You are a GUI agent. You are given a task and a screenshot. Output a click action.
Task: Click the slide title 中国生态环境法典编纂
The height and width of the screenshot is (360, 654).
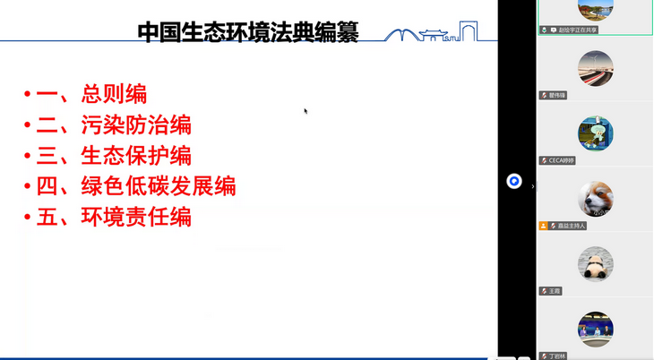[x=247, y=32]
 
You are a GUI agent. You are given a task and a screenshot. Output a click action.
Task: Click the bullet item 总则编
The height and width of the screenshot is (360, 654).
[x=114, y=93]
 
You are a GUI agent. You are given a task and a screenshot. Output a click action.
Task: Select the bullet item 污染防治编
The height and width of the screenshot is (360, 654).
[x=136, y=124]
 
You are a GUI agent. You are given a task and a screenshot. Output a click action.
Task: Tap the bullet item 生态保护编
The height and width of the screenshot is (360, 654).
[x=136, y=155]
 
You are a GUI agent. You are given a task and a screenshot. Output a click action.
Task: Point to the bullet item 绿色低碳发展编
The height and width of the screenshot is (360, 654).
[x=159, y=186]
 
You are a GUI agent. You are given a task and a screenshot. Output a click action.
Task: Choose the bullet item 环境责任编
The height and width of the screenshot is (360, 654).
[x=136, y=217]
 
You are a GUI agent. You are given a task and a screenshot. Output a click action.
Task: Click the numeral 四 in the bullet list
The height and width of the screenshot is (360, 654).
[x=47, y=186]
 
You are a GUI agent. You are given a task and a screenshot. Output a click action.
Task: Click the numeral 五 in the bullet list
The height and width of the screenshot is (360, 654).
[x=47, y=217]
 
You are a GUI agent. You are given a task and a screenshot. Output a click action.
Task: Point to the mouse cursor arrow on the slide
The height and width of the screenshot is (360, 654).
[x=305, y=111]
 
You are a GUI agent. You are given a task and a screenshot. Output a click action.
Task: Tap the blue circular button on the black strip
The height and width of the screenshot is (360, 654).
[x=514, y=181]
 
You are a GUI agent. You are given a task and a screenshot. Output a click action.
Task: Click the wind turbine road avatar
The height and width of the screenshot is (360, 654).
[x=595, y=68]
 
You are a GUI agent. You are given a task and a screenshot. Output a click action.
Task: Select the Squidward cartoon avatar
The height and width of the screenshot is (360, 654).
[x=595, y=133]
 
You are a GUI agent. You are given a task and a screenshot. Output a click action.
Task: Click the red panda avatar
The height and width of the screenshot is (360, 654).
[x=595, y=199]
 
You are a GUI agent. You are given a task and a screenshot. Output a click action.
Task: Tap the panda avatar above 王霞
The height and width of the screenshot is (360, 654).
[x=595, y=264]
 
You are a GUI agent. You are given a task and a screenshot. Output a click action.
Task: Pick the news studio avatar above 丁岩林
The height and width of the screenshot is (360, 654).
[x=595, y=329]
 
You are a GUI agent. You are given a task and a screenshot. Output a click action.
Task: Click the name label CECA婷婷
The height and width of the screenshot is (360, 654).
[x=562, y=160]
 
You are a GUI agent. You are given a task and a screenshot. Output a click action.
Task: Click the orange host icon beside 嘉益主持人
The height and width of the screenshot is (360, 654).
[x=543, y=226]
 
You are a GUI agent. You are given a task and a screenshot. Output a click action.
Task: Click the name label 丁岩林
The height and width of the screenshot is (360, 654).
[x=558, y=356]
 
